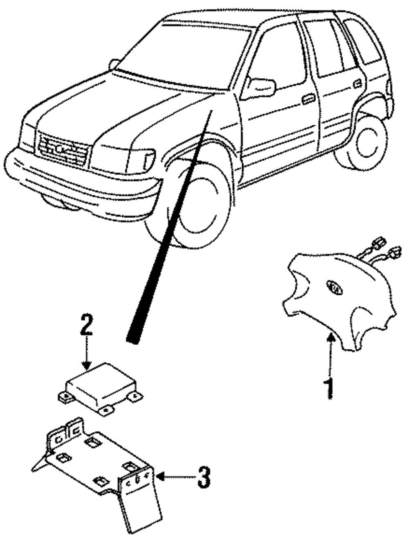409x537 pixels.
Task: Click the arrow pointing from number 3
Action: (172, 476)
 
